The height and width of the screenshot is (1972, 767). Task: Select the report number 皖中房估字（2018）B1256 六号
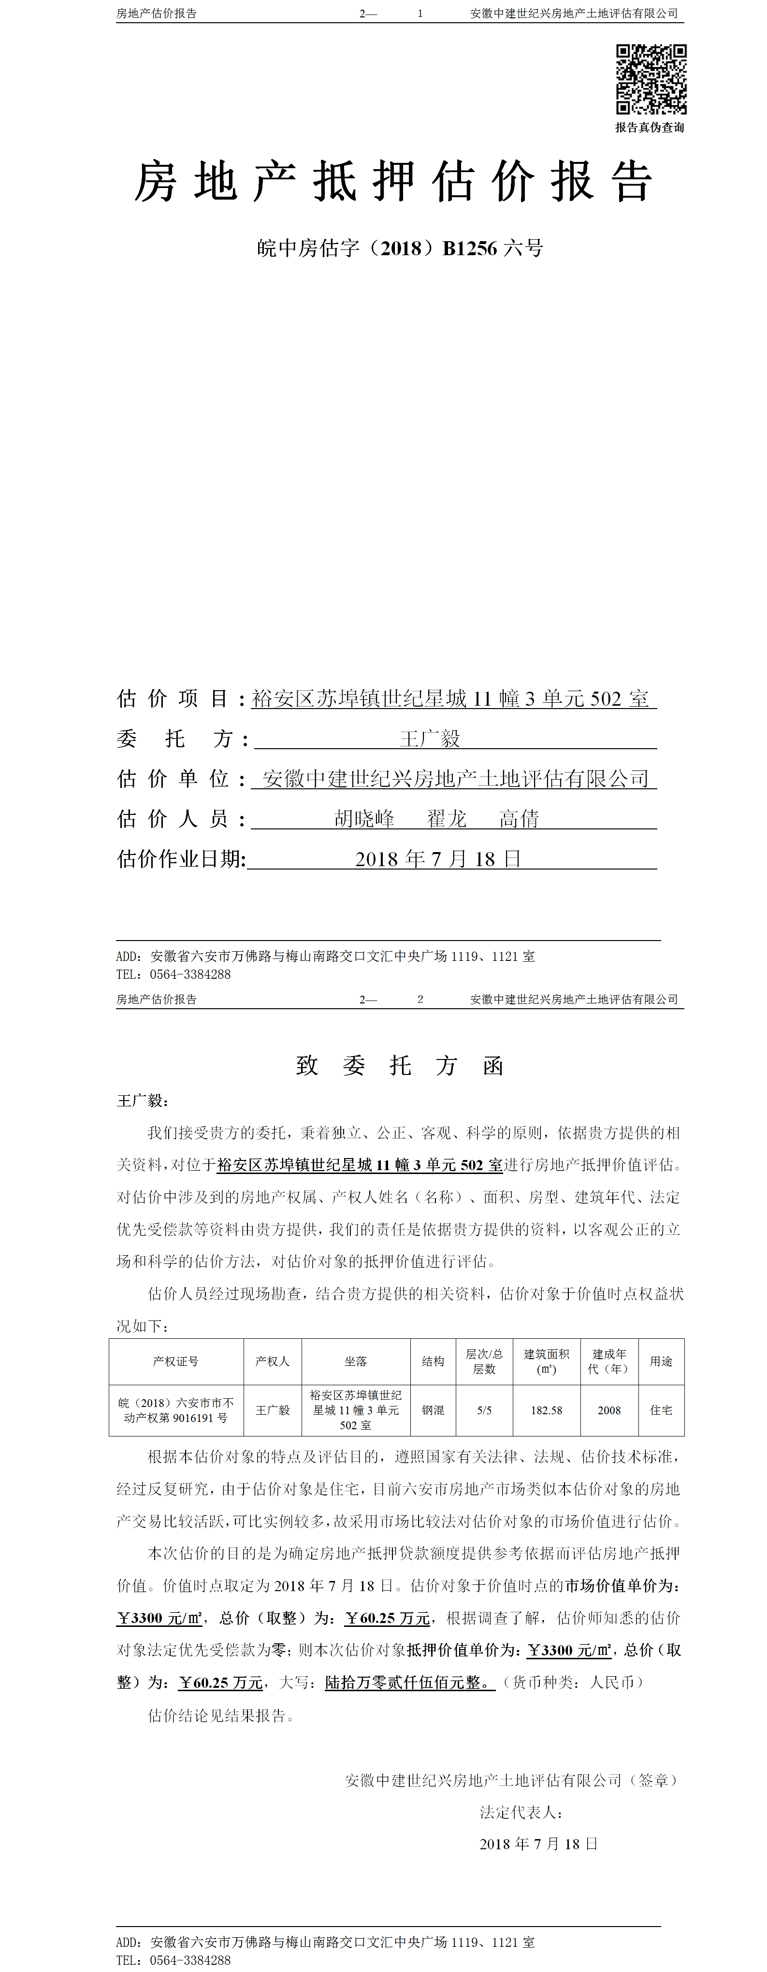click(x=400, y=248)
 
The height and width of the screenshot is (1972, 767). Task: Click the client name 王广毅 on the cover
click(x=430, y=739)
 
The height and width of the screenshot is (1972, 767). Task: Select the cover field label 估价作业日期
click(x=181, y=859)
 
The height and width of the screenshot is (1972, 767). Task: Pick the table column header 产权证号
click(x=176, y=1361)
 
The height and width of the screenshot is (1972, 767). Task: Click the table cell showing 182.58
click(x=547, y=1410)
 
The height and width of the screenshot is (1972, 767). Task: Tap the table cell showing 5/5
click(x=485, y=1410)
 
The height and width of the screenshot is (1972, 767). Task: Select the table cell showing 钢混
click(x=433, y=1410)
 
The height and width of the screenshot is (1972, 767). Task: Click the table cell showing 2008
click(x=609, y=1410)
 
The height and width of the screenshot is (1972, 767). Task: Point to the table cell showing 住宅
click(x=661, y=1410)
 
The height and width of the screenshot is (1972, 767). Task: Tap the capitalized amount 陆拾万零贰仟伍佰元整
click(x=409, y=1682)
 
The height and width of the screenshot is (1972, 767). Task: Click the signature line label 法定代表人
click(x=521, y=1812)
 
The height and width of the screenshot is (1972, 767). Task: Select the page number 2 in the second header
click(x=420, y=999)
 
